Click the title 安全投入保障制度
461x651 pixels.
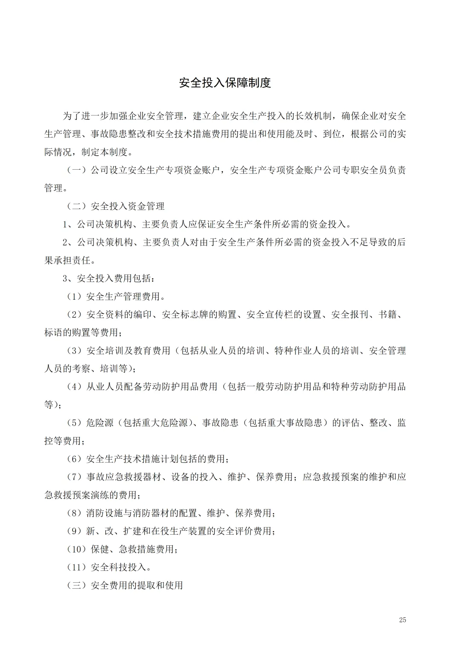[x=225, y=83]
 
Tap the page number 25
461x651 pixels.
[x=402, y=620]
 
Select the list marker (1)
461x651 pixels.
[x=75, y=297]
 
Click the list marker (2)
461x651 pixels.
[x=75, y=315]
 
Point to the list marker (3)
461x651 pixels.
[x=75, y=351]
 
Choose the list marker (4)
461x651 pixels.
[x=75, y=387]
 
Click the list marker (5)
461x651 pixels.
[x=75, y=423]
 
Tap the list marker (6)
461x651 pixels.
[x=75, y=459]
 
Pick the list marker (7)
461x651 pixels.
[x=75, y=477]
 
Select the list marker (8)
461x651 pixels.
[x=75, y=513]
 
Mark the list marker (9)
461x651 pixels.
[x=75, y=531]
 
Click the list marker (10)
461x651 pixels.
[x=77, y=549]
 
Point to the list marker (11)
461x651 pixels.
[x=77, y=567]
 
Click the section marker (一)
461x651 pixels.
[x=77, y=171]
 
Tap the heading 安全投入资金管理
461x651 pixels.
[x=128, y=206]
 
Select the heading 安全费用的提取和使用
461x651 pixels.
[x=137, y=585]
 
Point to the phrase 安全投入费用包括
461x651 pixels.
[x=114, y=279]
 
